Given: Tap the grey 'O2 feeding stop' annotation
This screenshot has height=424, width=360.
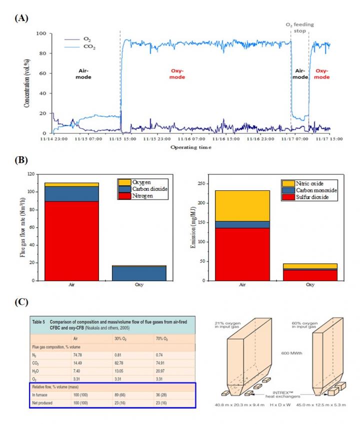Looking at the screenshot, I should [299, 28].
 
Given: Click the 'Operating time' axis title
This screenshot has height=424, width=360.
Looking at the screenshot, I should [190, 147].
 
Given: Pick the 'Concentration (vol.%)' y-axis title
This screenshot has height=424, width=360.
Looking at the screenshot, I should [28, 83].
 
